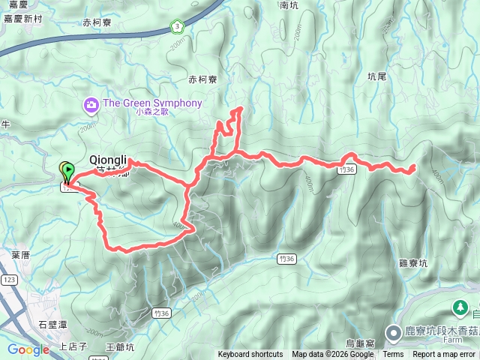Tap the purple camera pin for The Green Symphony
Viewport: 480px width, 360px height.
click(x=91, y=103)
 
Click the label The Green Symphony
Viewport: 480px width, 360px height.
click(x=153, y=103)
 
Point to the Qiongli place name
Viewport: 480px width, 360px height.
click(x=109, y=160)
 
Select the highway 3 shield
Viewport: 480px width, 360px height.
click(x=175, y=27)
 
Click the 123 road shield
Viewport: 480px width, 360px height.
click(x=9, y=279)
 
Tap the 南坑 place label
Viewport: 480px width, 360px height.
click(x=288, y=5)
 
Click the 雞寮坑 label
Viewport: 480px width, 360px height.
click(x=414, y=263)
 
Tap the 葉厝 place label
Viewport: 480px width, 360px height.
click(x=20, y=255)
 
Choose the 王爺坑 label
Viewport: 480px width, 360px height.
click(x=120, y=346)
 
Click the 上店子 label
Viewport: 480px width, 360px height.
click(x=73, y=346)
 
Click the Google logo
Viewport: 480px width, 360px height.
click(x=28, y=349)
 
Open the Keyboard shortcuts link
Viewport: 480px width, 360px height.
click(x=250, y=355)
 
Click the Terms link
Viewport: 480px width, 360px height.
click(x=393, y=355)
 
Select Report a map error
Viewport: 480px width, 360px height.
click(x=444, y=355)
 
